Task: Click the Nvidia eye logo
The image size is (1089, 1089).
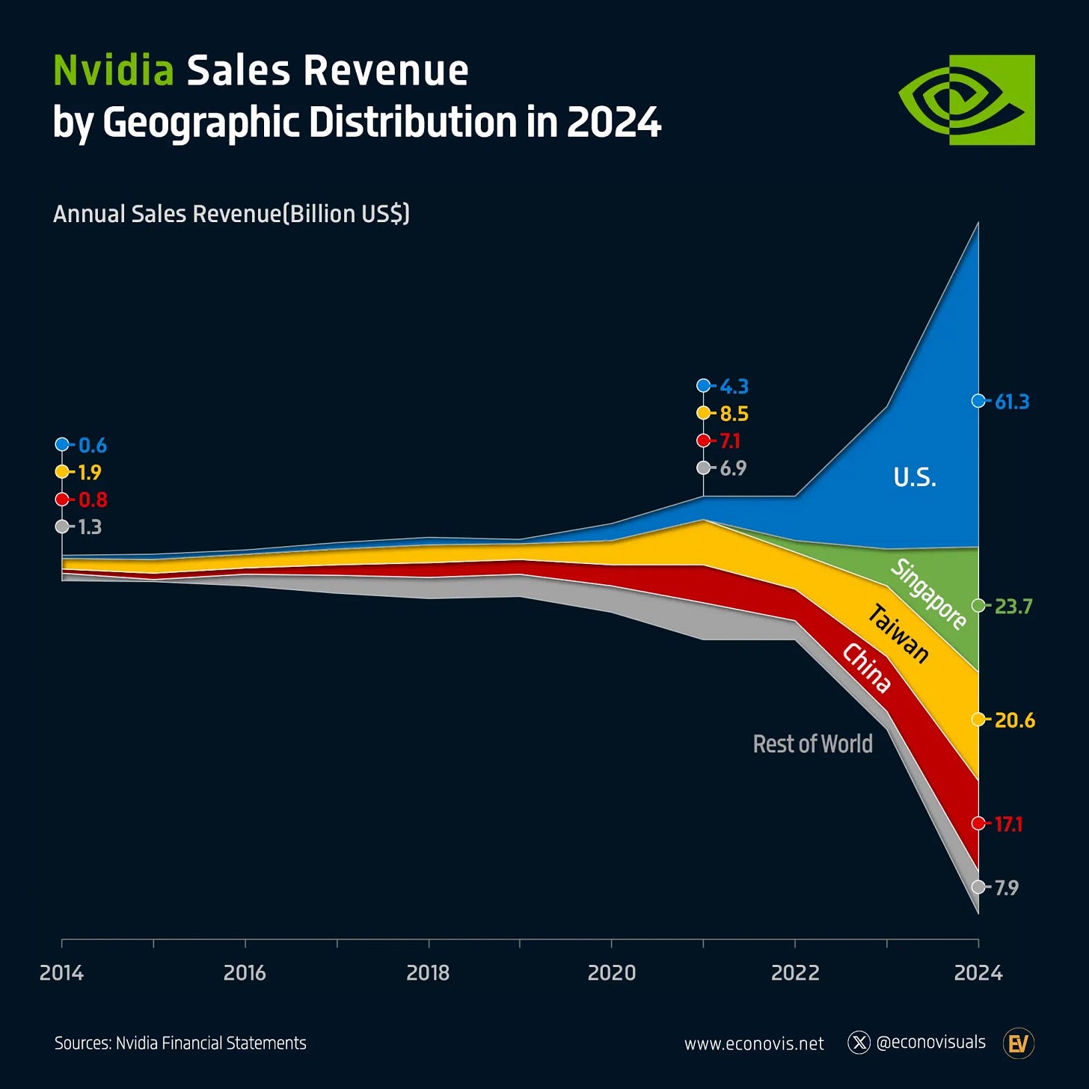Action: pos(966,99)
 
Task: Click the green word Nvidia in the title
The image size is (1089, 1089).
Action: pos(114,71)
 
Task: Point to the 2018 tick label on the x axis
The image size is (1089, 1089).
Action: pos(428,972)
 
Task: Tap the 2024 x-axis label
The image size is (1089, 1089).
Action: pos(978,972)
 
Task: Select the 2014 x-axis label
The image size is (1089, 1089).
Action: pos(61,972)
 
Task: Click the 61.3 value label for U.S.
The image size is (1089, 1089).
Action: pos(1011,402)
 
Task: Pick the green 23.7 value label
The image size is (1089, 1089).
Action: pos(1013,606)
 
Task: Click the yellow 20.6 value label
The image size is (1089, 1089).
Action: pos(1014,720)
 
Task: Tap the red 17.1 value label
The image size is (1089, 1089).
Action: pos(1008,824)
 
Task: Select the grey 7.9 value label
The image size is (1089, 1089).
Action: pos(1006,888)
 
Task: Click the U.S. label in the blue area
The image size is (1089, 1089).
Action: pos(915,477)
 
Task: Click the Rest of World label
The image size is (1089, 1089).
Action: pos(812,743)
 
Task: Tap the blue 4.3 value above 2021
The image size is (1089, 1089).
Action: pos(733,387)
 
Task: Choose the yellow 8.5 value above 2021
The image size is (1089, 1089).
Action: pos(733,414)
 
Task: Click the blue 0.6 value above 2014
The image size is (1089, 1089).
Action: pos(92,446)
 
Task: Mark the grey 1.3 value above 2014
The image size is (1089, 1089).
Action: pos(90,527)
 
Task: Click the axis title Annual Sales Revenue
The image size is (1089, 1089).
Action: pos(231,214)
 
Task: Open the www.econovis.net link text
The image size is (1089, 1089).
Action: pos(754,1043)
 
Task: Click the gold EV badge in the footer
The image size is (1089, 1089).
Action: pos(1018,1043)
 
